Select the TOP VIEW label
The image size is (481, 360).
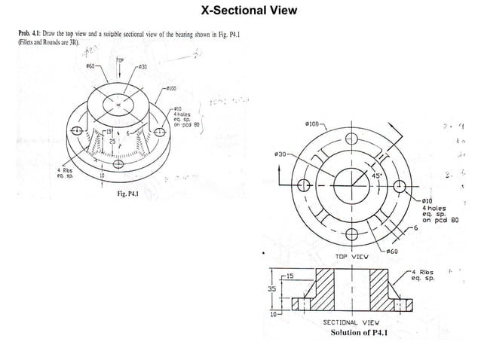click(x=351, y=256)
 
